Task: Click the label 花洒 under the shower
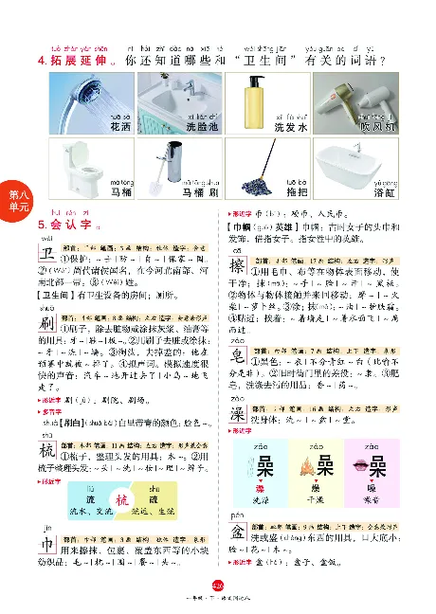119,125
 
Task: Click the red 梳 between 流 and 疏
119,500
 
